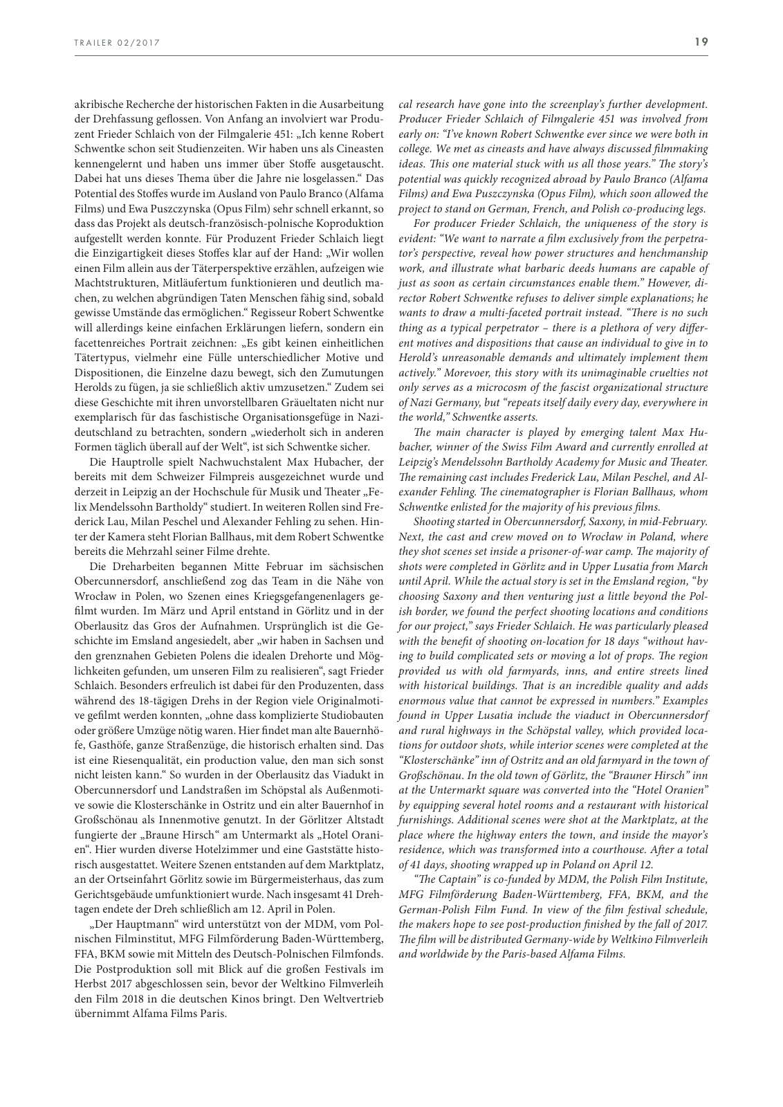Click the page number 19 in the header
(x=701, y=42)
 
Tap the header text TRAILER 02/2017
(x=117, y=43)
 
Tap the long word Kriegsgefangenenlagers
(x=317, y=596)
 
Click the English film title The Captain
(x=443, y=879)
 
